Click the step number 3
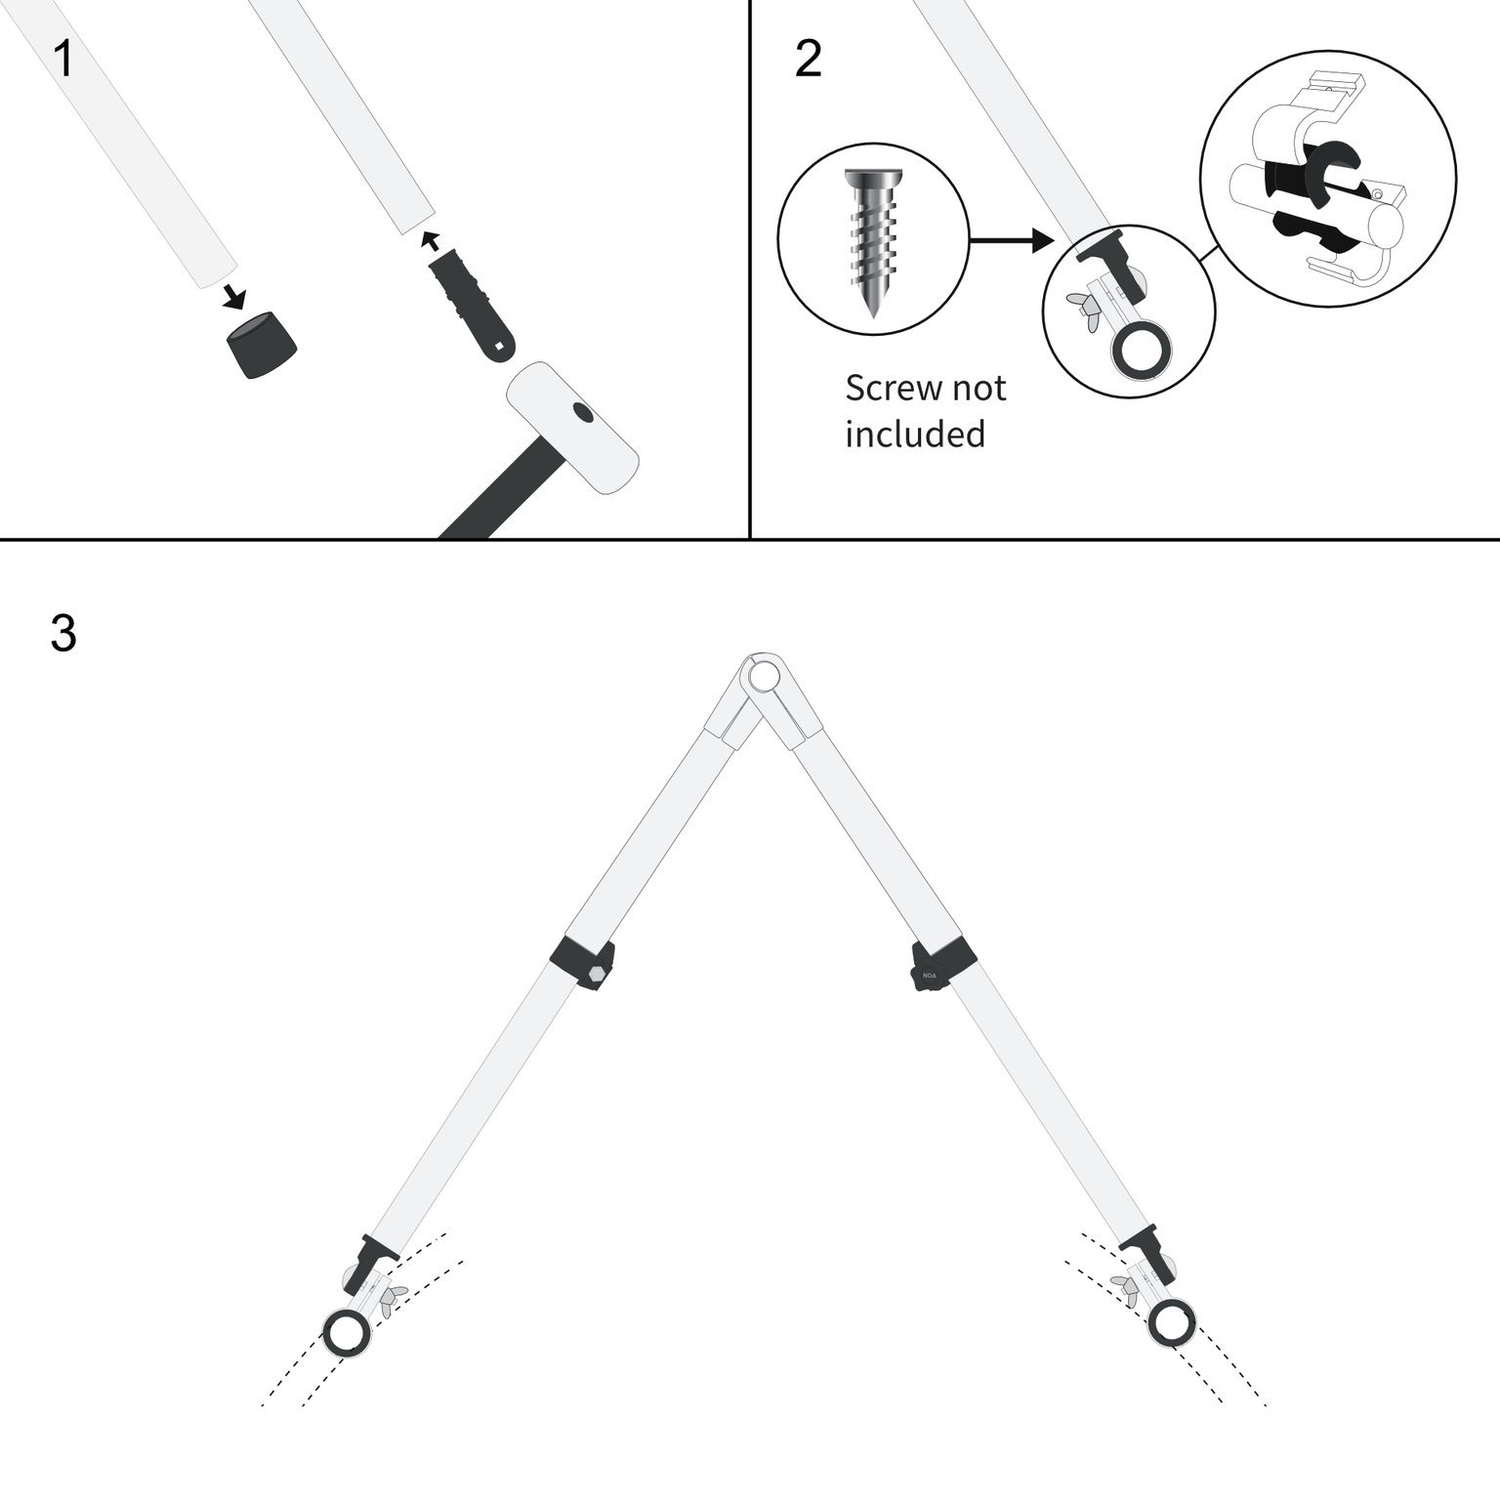tap(63, 634)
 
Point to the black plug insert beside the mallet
tap(474, 302)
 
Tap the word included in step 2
tap(915, 435)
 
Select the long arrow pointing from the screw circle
tap(1010, 239)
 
